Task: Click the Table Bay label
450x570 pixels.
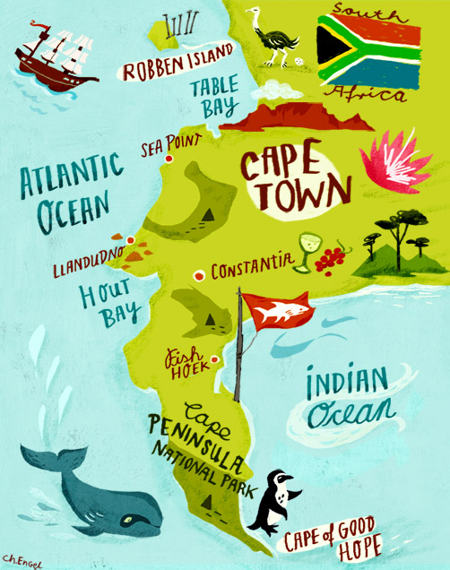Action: click(214, 98)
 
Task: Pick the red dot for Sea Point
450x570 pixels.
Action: click(168, 161)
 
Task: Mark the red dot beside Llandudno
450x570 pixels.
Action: click(131, 239)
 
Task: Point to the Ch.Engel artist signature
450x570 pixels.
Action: click(23, 559)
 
